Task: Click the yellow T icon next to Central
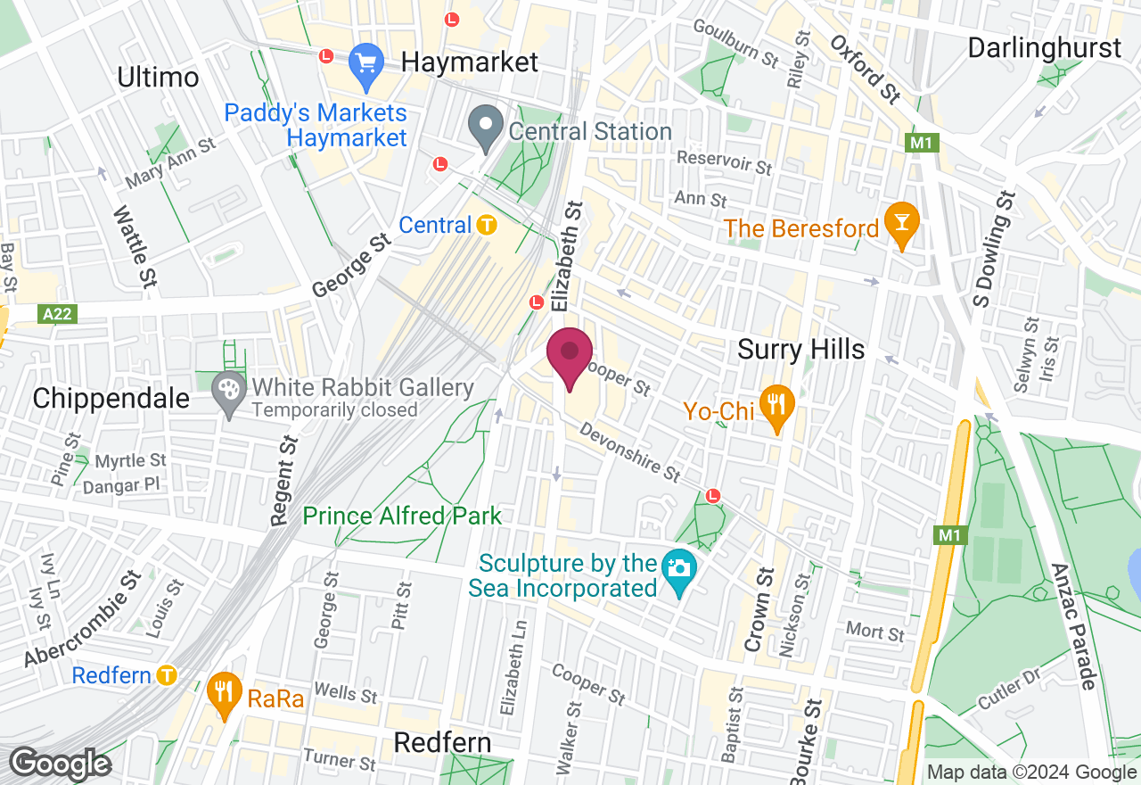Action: point(486,225)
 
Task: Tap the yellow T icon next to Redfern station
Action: point(166,675)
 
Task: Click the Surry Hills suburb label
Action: point(800,350)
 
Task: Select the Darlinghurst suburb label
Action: point(1044,47)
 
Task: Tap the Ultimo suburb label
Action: point(158,78)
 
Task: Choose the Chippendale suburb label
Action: point(111,398)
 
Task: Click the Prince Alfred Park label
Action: point(402,516)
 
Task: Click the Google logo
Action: point(61,764)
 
